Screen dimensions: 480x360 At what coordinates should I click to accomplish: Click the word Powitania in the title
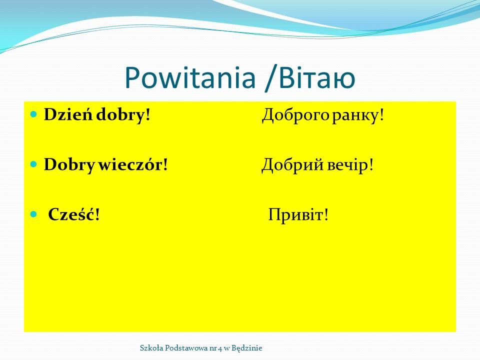click(190, 78)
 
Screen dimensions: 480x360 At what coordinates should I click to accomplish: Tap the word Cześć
click(71, 214)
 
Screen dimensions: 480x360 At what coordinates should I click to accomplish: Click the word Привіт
click(295, 215)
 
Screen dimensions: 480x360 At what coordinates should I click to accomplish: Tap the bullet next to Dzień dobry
click(33, 114)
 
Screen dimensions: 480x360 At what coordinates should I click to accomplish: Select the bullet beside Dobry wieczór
click(33, 164)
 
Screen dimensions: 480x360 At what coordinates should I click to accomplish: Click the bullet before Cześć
click(33, 214)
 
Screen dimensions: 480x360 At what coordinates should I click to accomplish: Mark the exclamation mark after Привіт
click(326, 214)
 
